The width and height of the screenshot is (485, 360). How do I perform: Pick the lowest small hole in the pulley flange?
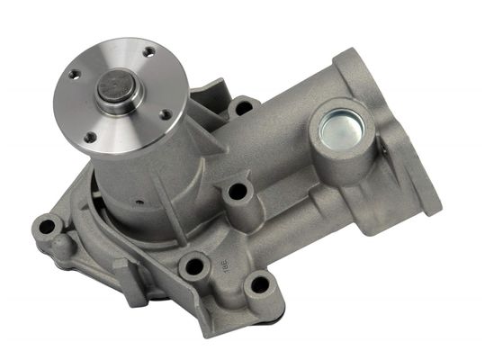tap(92, 137)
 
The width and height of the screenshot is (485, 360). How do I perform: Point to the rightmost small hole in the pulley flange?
tap(166, 114)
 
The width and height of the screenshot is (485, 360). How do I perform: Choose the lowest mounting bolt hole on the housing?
tap(259, 286)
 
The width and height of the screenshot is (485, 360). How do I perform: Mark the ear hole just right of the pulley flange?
tap(242, 107)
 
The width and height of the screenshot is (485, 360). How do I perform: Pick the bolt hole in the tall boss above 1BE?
tap(238, 192)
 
